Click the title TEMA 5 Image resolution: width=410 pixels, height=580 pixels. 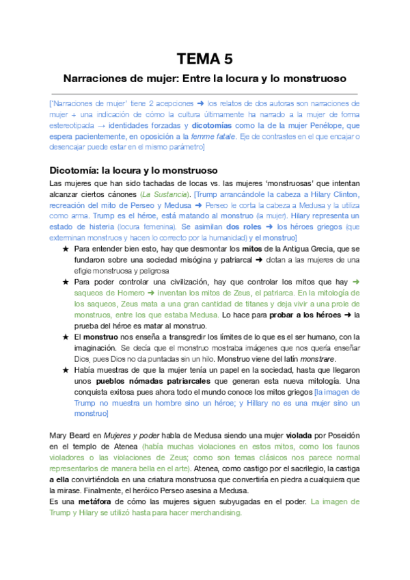pos(204,58)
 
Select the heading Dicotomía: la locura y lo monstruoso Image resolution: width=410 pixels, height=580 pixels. pos(134,170)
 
